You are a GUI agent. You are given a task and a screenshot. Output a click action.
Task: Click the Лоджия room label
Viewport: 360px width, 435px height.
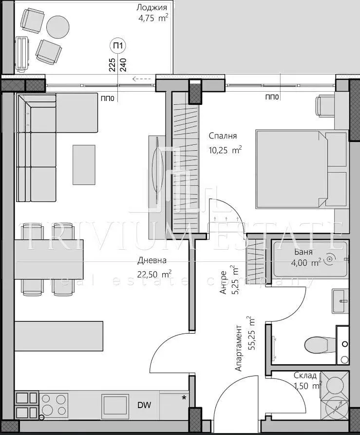pos(152,7)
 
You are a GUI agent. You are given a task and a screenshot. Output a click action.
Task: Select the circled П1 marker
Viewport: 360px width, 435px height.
pos(118,45)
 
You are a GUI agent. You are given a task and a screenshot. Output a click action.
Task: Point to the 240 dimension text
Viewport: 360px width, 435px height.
pos(123,65)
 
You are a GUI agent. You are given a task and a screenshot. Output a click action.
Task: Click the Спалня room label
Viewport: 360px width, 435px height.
pos(223,136)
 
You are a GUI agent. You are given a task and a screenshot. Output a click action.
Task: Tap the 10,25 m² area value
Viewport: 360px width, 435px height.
pos(225,150)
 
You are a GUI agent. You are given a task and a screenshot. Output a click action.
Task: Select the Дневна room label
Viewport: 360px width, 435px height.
pos(152,260)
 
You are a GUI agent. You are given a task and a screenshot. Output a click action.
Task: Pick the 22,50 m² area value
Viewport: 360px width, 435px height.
pos(154,274)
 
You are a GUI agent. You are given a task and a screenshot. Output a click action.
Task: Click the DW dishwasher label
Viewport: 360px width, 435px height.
pos(144,405)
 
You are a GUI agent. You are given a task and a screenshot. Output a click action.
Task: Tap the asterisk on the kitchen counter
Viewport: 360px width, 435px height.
pos(184,398)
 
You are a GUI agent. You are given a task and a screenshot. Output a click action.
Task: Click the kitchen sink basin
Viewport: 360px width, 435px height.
pos(115,405)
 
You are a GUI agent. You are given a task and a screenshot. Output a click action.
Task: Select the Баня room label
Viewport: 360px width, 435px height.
pos(303,252)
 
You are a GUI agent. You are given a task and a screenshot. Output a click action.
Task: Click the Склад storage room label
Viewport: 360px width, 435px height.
pos(305,376)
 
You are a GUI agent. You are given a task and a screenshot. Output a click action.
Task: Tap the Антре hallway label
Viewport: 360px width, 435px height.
pos(224,282)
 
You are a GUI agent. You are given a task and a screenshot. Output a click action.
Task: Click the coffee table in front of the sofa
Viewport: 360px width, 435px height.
pos(84,164)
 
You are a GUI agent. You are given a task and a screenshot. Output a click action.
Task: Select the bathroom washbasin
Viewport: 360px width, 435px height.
pos(341,301)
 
